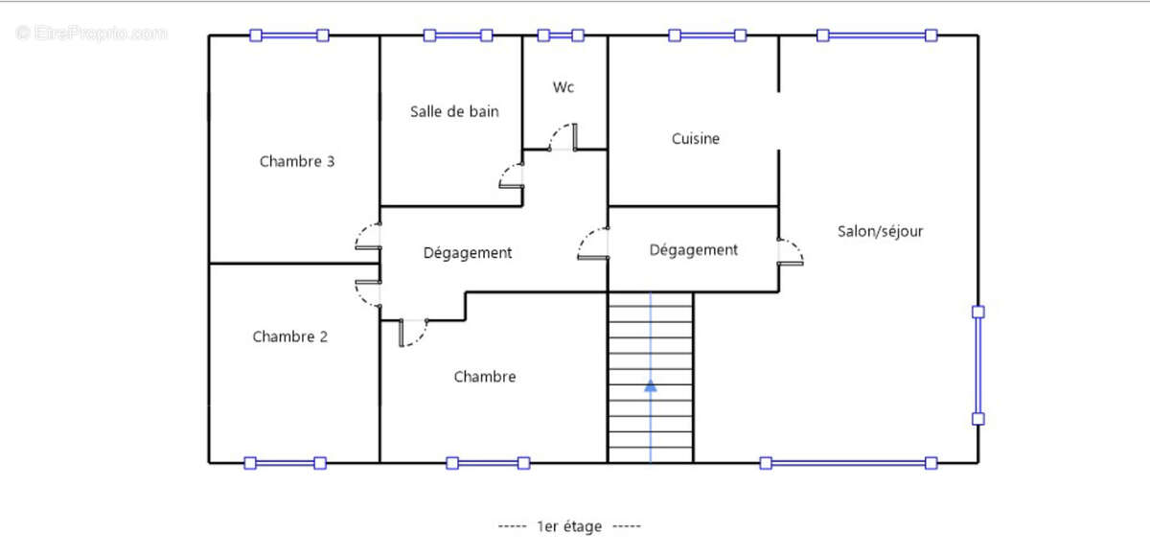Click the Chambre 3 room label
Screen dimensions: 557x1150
click(297, 161)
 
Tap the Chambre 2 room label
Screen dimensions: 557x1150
click(290, 337)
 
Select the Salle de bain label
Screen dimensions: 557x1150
click(454, 111)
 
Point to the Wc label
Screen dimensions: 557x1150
click(563, 87)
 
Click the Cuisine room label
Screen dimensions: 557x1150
click(695, 139)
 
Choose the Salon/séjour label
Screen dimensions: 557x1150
click(880, 231)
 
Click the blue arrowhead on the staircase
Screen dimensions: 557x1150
click(651, 385)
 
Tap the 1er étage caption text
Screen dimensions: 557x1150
click(569, 525)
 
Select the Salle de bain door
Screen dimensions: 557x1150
click(512, 175)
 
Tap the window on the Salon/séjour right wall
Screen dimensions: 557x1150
click(977, 364)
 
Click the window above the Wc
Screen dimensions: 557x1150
click(561, 35)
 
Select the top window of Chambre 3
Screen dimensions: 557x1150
click(288, 35)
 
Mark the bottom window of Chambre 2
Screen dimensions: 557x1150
click(285, 463)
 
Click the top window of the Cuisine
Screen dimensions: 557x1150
click(707, 35)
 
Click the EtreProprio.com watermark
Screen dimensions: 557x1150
click(92, 33)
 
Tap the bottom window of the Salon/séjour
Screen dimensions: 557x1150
click(848, 463)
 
